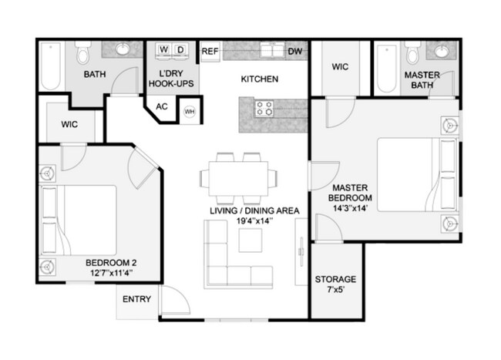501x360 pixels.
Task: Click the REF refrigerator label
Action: click(x=210, y=52)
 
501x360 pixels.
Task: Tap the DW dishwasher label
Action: click(x=294, y=52)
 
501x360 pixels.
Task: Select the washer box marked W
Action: click(x=164, y=51)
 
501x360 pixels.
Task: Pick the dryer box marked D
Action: click(x=181, y=51)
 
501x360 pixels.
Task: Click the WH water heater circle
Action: click(x=189, y=112)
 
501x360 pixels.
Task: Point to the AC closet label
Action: click(x=163, y=106)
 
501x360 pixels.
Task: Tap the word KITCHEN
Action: click(x=259, y=79)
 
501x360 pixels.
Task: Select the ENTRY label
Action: click(x=137, y=299)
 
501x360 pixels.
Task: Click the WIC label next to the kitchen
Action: click(x=341, y=67)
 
